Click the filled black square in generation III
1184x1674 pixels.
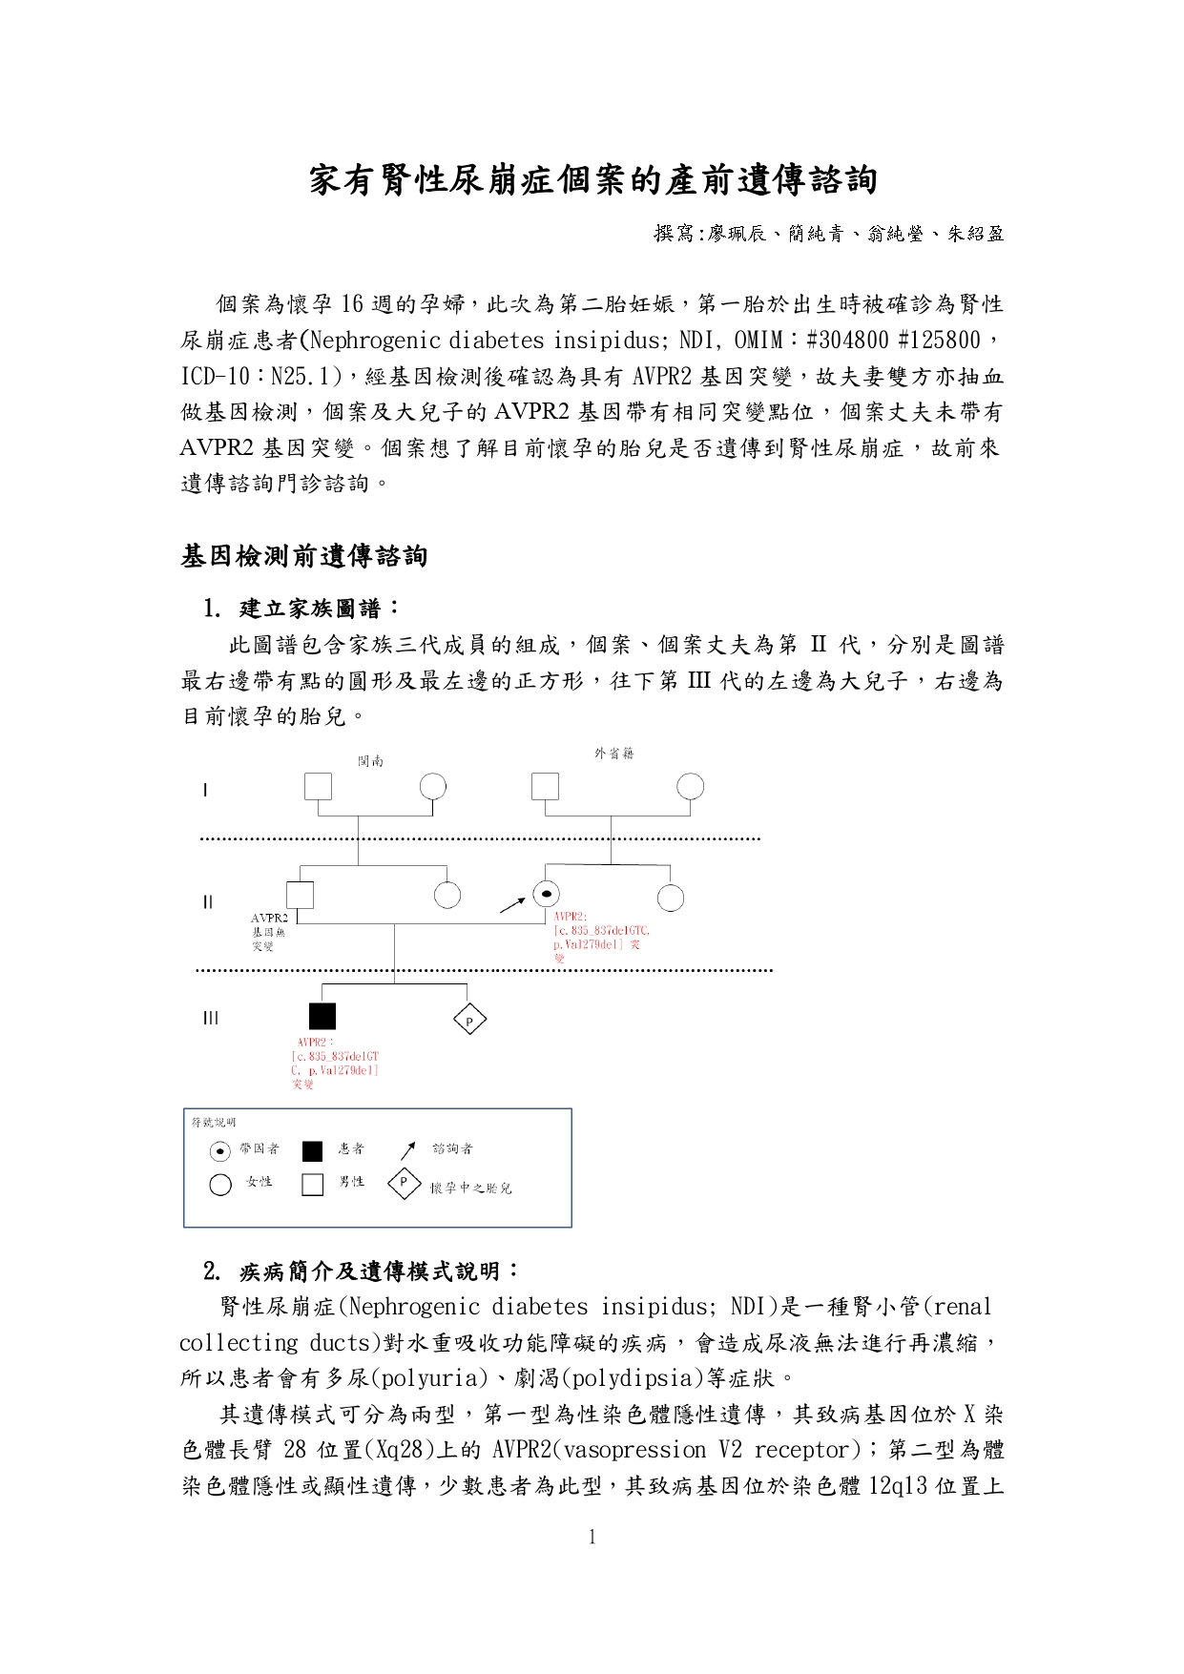tap(322, 1017)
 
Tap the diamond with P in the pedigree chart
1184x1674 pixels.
tap(469, 1020)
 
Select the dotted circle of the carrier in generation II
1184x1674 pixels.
tap(546, 894)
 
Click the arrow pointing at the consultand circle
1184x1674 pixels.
tap(512, 904)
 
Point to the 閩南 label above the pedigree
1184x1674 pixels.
tap(370, 761)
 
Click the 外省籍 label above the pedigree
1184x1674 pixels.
tap(613, 754)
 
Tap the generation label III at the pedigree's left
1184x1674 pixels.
tap(210, 1018)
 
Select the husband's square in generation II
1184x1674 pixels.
tap(301, 894)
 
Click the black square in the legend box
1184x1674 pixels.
tap(312, 1151)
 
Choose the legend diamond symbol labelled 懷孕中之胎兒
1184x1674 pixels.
tap(405, 1184)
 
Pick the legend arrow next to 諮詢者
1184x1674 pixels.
tap(408, 1149)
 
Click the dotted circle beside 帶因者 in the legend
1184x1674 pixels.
tap(220, 1151)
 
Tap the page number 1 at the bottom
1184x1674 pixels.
tap(592, 1537)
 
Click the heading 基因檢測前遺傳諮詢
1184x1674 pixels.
tap(304, 556)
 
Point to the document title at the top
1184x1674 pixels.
tap(592, 180)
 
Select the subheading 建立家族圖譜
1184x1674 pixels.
tap(319, 609)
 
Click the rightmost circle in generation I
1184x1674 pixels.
tap(690, 787)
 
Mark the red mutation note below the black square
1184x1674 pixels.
tap(335, 1064)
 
